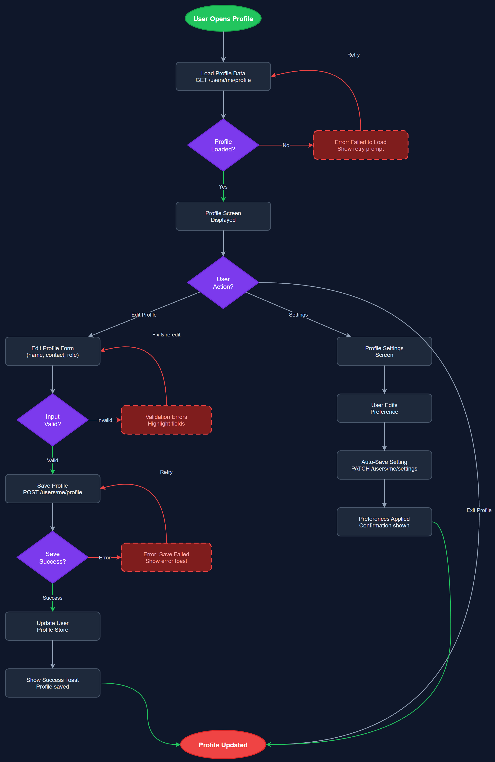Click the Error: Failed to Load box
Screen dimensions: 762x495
[360, 145]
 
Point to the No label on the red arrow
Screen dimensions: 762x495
[286, 145]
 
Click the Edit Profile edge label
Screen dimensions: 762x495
[144, 315]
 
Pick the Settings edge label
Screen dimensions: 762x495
[298, 315]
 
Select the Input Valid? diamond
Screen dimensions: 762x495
[53, 420]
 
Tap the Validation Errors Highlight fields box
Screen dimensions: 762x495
[166, 420]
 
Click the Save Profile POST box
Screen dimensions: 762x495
[53, 489]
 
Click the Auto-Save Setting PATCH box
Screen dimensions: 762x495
[384, 465]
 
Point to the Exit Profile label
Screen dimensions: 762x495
[478, 510]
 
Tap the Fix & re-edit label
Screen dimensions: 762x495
[166, 335]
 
